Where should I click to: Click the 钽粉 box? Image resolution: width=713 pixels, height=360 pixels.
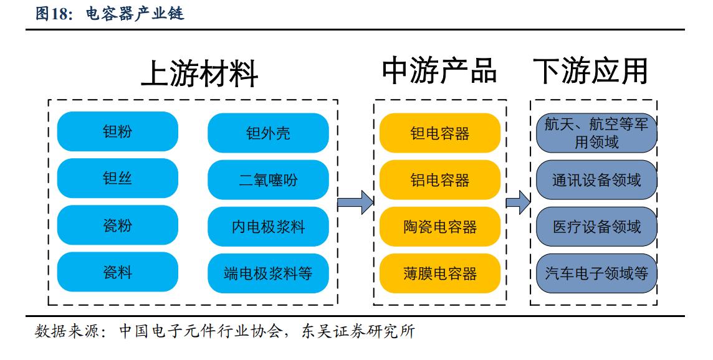(117, 132)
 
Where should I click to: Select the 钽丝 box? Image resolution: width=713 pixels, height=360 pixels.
(117, 179)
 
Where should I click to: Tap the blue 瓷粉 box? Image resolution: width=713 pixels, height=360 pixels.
(117, 225)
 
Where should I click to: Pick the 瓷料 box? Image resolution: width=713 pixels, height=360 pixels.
(117, 272)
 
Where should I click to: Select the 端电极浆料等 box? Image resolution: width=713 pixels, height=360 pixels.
(268, 273)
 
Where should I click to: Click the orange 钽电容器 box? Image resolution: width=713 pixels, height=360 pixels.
(440, 133)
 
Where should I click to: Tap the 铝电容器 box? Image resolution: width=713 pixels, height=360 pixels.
(440, 180)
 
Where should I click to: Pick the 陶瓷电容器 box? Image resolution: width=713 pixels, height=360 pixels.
(440, 227)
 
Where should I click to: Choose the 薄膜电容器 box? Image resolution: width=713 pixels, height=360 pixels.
(440, 273)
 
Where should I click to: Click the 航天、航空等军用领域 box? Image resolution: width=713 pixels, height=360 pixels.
(596, 133)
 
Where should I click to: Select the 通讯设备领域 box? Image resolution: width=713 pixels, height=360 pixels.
(596, 180)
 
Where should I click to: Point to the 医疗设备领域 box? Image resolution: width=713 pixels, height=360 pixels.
(596, 227)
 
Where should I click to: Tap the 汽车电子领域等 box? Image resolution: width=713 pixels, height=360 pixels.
(596, 273)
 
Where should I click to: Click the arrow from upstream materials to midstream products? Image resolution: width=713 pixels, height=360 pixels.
(355, 202)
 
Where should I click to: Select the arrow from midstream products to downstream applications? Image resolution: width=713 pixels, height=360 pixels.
(517, 202)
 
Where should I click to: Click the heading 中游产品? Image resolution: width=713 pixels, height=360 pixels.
(439, 71)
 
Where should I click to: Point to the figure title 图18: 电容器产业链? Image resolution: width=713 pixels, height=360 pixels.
(110, 14)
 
